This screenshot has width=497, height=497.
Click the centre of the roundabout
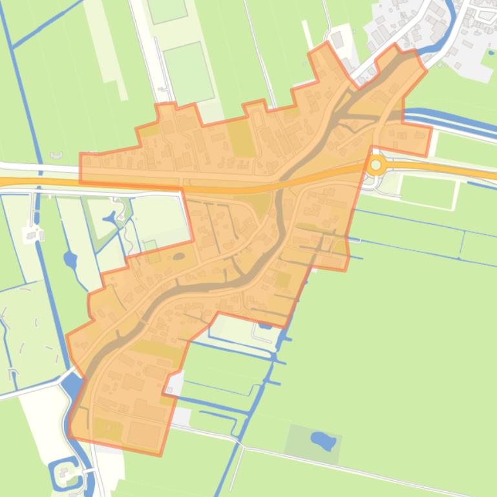coord(376,165)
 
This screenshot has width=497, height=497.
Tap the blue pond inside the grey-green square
coord(323,441)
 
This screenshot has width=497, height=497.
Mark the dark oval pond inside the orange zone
coord(179,257)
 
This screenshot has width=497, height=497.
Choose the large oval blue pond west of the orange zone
coord(70,260)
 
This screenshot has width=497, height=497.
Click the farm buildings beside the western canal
coord(31,234)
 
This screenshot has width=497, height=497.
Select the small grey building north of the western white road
coord(56,155)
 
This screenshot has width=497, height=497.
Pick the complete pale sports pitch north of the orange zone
coord(187,73)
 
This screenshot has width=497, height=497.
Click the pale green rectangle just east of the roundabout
coord(428,190)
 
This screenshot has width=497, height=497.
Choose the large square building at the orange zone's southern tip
coord(143,434)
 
